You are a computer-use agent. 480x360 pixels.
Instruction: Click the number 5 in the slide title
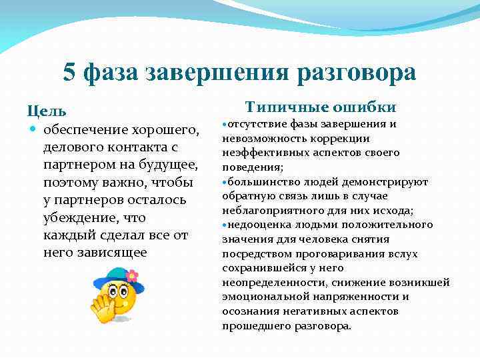69,73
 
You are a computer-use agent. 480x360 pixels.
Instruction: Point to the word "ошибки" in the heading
365,107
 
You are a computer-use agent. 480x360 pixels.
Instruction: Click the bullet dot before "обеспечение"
32,128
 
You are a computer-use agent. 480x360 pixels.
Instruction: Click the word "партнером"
74,165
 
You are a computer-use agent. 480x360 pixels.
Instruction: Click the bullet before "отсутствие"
223,125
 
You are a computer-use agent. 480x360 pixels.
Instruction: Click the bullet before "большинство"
223,182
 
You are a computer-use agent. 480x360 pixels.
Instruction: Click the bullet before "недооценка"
223,225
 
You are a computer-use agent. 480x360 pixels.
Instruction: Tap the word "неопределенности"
269,283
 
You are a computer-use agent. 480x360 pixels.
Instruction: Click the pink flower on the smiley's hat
131,275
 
